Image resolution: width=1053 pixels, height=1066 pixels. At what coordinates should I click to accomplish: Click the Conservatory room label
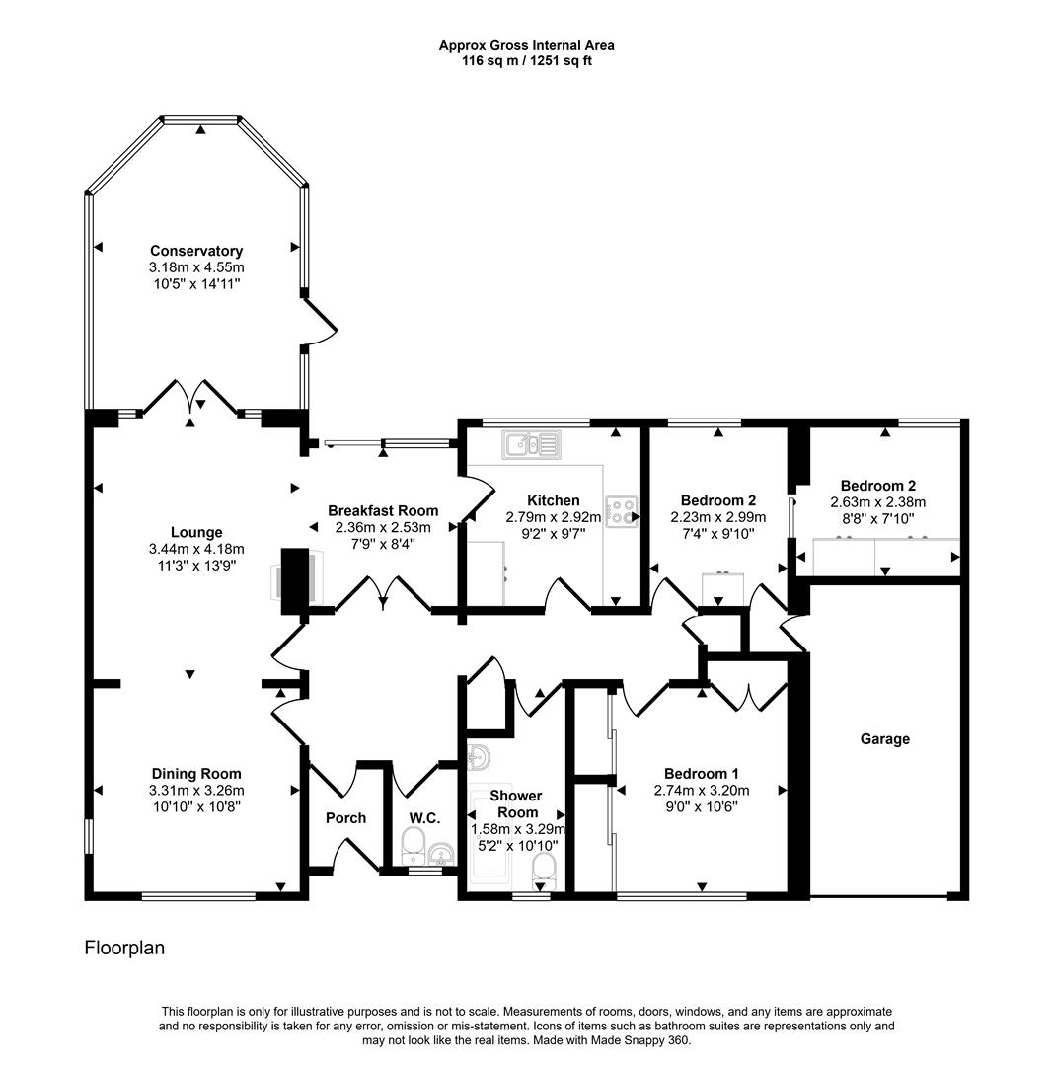pyautogui.click(x=196, y=251)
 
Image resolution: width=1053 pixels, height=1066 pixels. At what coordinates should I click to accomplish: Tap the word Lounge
pyautogui.click(x=195, y=533)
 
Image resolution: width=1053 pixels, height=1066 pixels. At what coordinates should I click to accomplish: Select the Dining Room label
pyautogui.click(x=195, y=774)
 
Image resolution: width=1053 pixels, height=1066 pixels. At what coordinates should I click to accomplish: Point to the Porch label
pyautogui.click(x=345, y=817)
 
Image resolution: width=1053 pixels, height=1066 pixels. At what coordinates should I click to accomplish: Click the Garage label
pyautogui.click(x=884, y=739)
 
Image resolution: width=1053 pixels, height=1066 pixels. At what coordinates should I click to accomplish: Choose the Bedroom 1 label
pyautogui.click(x=701, y=774)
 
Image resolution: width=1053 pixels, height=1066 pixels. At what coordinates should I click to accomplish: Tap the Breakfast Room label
pyautogui.click(x=383, y=510)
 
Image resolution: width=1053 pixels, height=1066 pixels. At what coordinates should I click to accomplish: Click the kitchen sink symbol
pyautogui.click(x=531, y=445)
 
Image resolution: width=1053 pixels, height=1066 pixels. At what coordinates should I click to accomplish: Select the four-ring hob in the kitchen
pyautogui.click(x=622, y=511)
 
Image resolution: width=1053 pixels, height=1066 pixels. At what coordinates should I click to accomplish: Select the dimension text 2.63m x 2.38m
pyautogui.click(x=878, y=501)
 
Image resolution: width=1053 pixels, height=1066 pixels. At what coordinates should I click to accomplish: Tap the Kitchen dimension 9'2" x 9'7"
pyautogui.click(x=553, y=532)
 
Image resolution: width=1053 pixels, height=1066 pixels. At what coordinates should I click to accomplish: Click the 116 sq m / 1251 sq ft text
pyautogui.click(x=526, y=60)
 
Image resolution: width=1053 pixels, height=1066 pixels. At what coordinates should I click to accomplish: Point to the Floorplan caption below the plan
pyautogui.click(x=124, y=949)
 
